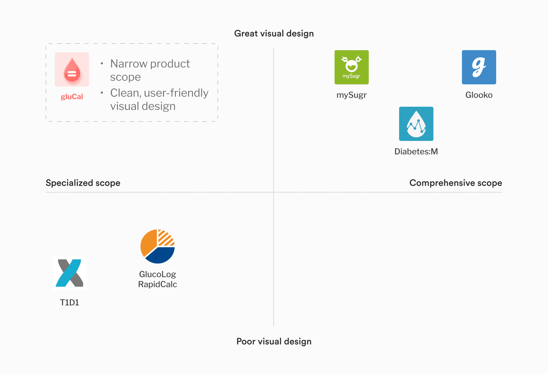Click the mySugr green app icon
point(351,67)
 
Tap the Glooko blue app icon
point(479,67)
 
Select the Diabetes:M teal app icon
point(416,124)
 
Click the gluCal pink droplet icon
point(72,70)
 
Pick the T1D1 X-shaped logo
point(69,273)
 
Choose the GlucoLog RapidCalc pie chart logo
point(157,246)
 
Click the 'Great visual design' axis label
point(274,34)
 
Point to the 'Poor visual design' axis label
point(274,341)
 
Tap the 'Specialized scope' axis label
point(83,183)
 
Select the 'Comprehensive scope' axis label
point(455,183)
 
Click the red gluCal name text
point(72,97)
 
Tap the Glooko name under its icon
point(479,95)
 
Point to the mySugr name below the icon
point(351,95)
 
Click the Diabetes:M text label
point(416,152)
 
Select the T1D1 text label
point(69,302)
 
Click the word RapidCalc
point(157,284)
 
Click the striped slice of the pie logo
point(165,238)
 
